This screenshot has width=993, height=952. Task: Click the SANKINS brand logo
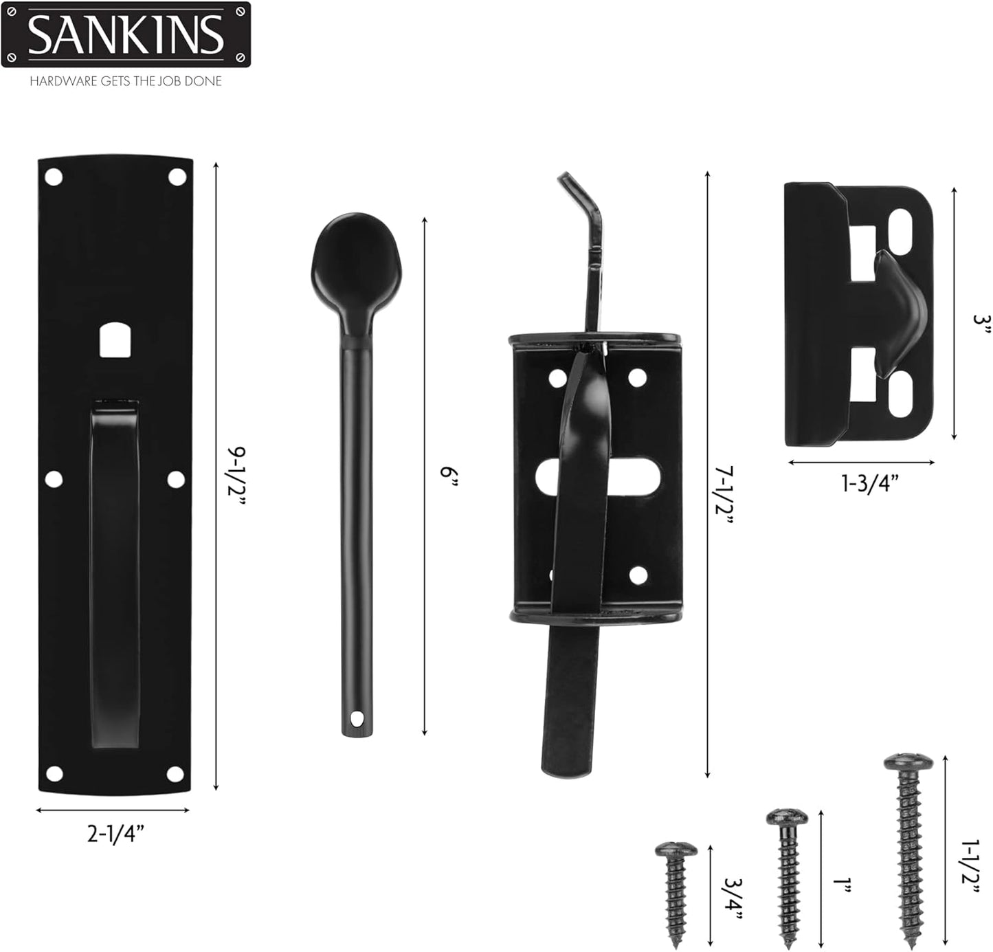[x=126, y=34]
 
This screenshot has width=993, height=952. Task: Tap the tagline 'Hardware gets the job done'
[x=126, y=81]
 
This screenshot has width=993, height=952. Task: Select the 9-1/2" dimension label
[x=236, y=476]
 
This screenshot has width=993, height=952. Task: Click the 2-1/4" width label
[x=115, y=834]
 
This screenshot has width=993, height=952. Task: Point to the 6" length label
[x=448, y=476]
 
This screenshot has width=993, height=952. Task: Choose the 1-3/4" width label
[x=869, y=483]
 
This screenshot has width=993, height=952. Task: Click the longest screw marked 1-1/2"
[x=908, y=849]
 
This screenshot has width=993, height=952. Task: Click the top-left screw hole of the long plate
[x=53, y=178]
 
